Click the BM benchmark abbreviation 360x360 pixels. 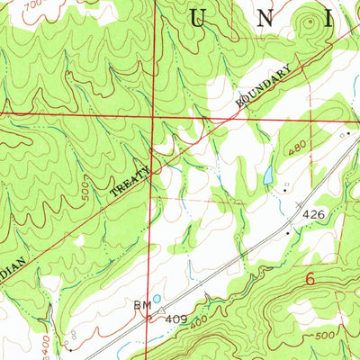(x=142, y=306)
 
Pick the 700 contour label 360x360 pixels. (x=33, y=5)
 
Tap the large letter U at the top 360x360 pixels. (x=200, y=16)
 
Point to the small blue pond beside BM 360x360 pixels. (x=158, y=299)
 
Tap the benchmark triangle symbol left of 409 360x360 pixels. (x=163, y=314)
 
